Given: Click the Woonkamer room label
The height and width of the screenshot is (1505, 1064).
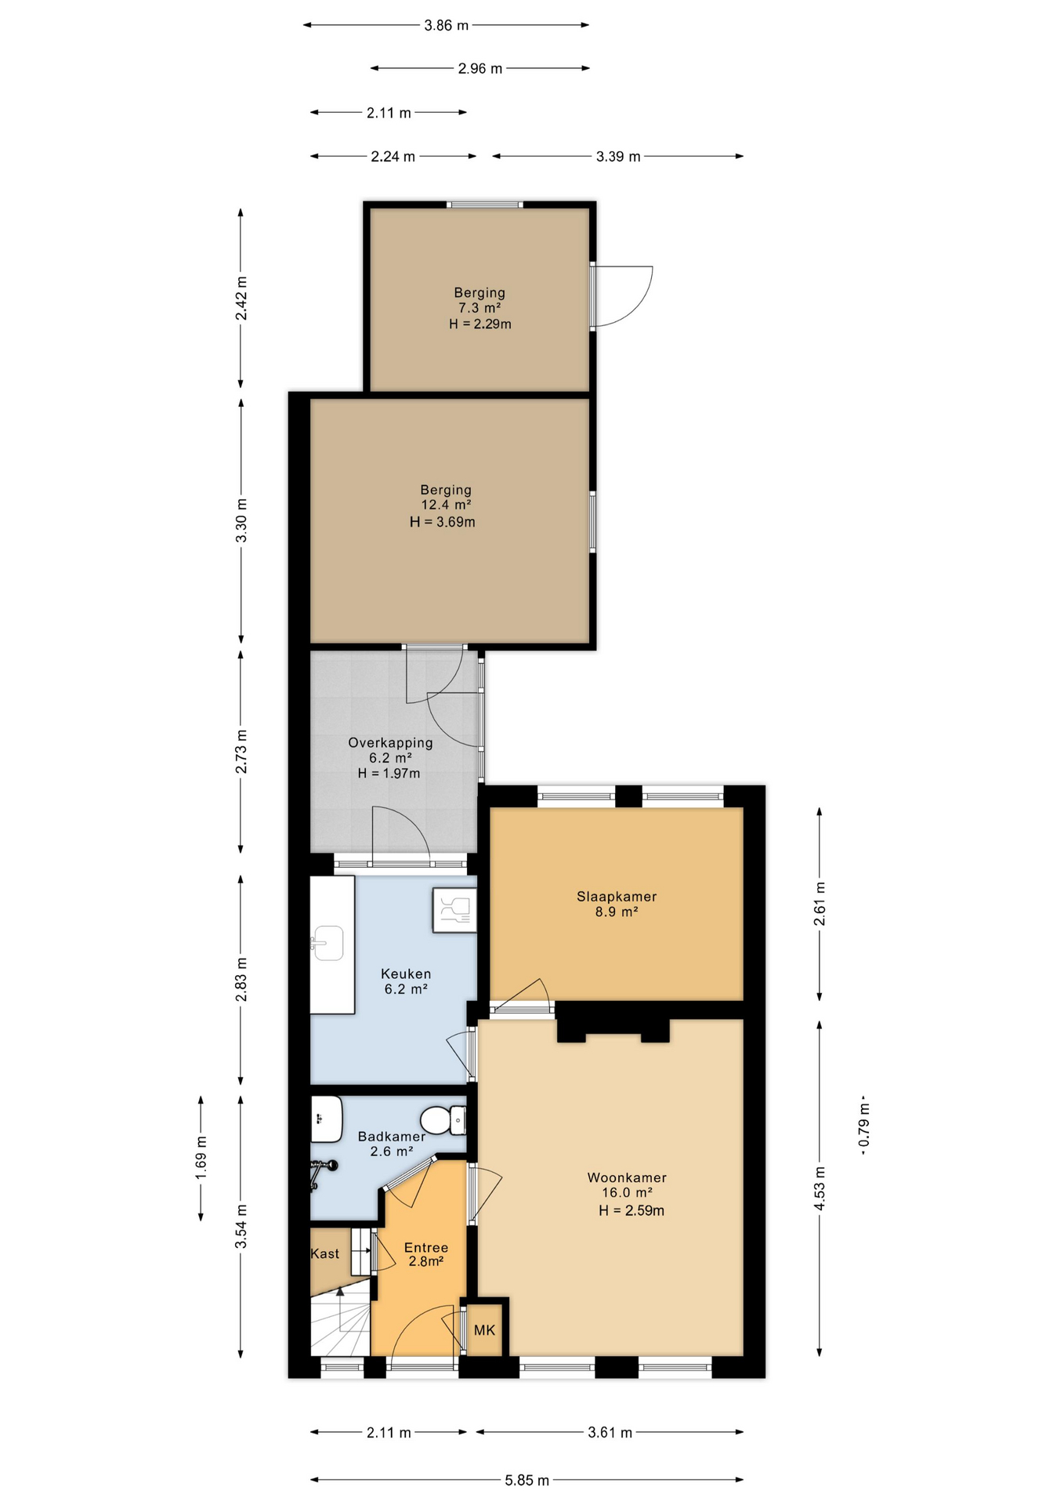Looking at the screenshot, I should [627, 1177].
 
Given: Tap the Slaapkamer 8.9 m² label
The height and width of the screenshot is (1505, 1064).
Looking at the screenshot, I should [617, 904].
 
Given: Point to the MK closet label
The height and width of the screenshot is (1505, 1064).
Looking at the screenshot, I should [484, 1330].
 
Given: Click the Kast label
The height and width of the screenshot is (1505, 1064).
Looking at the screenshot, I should [325, 1254].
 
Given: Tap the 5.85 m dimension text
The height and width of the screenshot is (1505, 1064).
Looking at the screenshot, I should [527, 1480].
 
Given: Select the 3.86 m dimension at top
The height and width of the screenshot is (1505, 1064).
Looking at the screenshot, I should [446, 25].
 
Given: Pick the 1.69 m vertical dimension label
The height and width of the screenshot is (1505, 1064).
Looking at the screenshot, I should [201, 1157].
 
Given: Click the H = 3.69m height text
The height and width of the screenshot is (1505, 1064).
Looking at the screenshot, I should [443, 522].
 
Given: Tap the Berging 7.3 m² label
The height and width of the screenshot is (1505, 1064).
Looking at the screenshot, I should [480, 300].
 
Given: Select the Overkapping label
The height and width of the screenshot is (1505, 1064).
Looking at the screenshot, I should [390, 742].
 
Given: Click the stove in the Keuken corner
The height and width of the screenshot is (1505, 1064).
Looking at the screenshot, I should [454, 910].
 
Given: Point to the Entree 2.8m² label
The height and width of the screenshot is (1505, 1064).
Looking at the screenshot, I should [425, 1254].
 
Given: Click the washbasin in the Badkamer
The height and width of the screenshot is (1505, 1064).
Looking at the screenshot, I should [326, 1119].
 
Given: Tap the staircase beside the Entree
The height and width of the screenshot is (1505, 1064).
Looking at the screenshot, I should [340, 1325].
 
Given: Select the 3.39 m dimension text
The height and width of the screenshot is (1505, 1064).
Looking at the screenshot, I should [618, 157].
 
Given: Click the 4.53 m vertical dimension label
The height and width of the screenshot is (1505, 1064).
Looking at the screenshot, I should [820, 1188].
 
